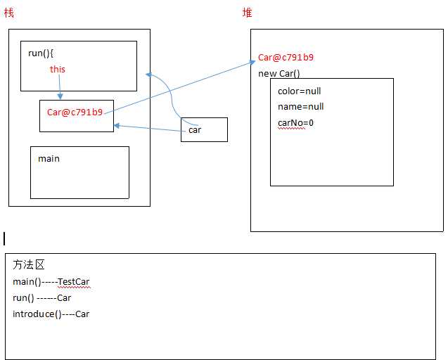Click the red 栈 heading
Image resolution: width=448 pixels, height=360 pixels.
(x=8, y=13)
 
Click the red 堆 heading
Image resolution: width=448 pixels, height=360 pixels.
(x=247, y=13)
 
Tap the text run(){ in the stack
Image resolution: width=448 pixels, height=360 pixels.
(x=41, y=53)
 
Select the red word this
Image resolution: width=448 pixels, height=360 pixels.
(x=58, y=69)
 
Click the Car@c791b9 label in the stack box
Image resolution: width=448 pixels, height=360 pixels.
(x=75, y=112)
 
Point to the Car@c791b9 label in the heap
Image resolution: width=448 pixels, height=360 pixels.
(x=286, y=58)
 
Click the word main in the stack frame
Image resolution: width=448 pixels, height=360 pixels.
(x=49, y=158)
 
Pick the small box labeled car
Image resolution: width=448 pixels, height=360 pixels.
(x=204, y=129)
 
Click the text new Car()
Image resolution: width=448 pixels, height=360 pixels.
(x=279, y=73)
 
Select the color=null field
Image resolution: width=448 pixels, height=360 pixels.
(x=300, y=91)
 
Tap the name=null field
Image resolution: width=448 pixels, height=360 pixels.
(x=301, y=107)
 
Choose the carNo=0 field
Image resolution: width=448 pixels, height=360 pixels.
(x=295, y=122)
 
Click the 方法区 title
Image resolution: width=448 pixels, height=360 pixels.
(x=28, y=265)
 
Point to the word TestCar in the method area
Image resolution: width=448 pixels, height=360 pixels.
(x=74, y=282)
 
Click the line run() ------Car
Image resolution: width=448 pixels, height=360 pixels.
(x=42, y=297)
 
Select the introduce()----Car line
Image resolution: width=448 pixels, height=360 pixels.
(x=51, y=314)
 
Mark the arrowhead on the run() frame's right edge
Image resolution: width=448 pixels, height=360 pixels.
(x=147, y=74)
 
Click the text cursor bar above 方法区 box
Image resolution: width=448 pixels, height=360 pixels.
(x=4, y=238)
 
